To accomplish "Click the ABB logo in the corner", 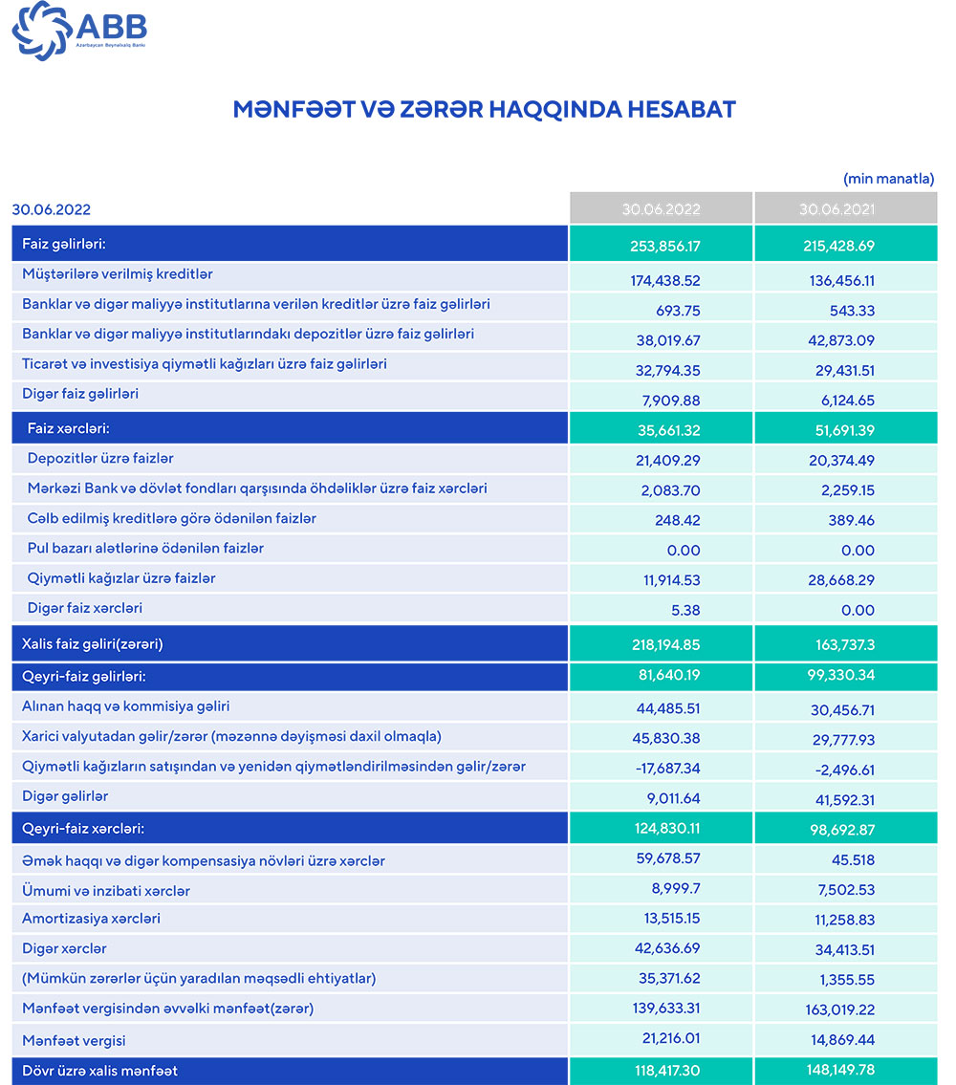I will [78, 31].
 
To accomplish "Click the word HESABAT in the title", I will [681, 109].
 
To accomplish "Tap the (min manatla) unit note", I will [888, 179].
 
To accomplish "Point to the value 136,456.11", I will [838, 281].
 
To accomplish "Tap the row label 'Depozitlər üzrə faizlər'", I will [100, 459].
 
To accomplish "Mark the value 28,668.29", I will [838, 580].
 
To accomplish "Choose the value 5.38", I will [685, 610].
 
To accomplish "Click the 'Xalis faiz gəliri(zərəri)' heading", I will [93, 644].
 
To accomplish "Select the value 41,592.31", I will [838, 799].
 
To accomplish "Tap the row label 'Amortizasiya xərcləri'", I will [91, 919].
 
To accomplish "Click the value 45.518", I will [850, 859].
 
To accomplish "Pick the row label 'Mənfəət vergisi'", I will [74, 1040].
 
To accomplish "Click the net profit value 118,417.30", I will [661, 1070].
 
